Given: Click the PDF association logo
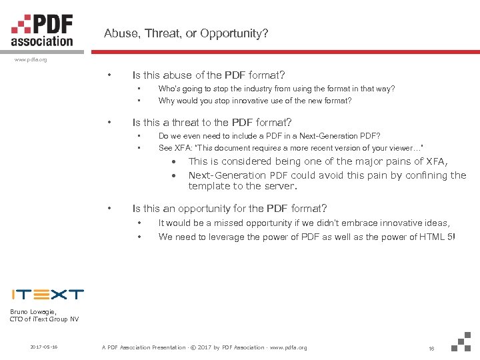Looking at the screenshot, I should tap(41, 29).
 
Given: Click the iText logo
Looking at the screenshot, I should tap(47, 294).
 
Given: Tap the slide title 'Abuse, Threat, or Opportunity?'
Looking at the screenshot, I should tap(186, 33).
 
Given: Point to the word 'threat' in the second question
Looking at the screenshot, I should tap(189, 122).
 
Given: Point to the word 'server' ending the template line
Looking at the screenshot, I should tap(278, 186).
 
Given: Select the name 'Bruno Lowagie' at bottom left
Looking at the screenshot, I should tap(33, 311).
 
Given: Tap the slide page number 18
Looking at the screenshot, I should tap(431, 348).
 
